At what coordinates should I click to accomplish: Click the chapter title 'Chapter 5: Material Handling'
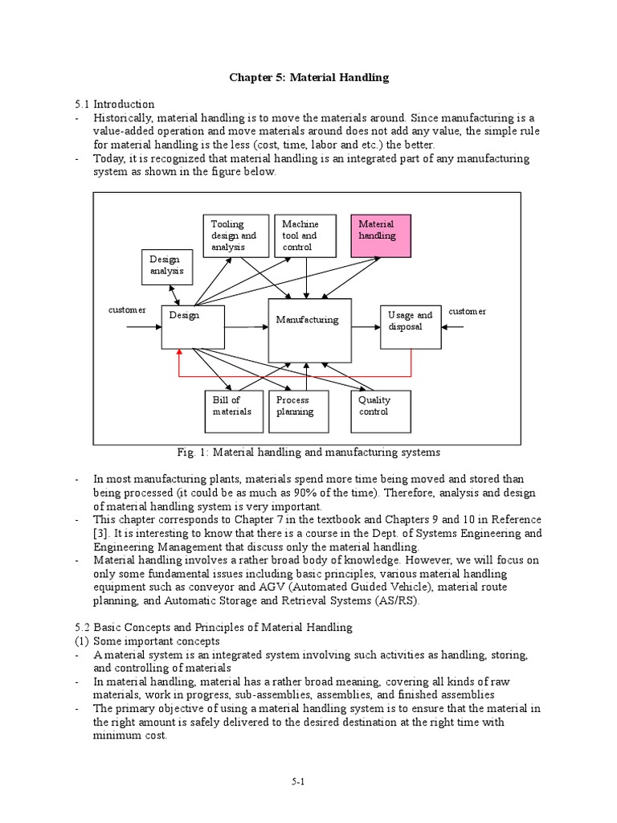pos(308,77)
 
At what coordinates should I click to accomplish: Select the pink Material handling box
pos(381,235)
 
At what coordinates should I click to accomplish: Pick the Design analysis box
pos(166,266)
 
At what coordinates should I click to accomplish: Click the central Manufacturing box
pos(309,330)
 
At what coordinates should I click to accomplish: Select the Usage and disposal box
pos(411,327)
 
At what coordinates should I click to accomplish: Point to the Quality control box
pos(381,411)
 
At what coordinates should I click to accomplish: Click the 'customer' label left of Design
pos(128,310)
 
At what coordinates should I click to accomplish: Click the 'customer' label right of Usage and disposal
pos(468,311)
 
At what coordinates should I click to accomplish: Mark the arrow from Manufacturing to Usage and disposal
pos(366,327)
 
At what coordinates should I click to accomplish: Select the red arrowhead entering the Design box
pos(180,353)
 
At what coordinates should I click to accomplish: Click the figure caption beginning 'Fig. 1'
pos(307,452)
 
